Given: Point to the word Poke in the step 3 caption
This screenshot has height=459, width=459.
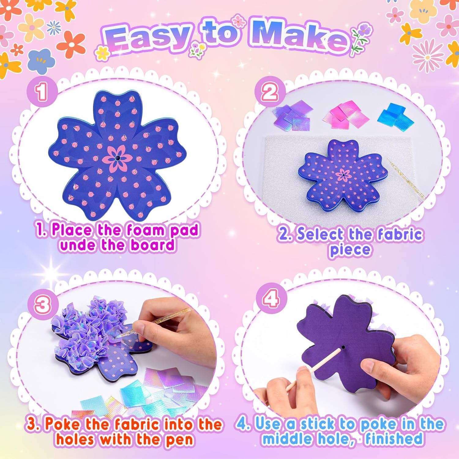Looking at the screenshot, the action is point(64,424).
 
